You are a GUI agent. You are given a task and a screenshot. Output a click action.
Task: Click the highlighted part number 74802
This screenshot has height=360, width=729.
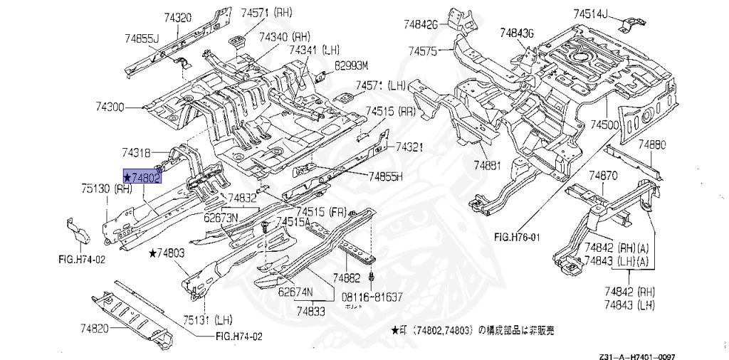pyautogui.click(x=142, y=176)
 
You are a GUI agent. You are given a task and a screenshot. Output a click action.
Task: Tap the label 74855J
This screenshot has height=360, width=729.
pyautogui.click(x=141, y=38)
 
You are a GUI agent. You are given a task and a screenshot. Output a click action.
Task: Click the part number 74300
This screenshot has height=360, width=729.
pyautogui.click(x=110, y=107)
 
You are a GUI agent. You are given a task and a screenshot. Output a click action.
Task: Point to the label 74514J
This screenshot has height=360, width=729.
pyautogui.click(x=591, y=14)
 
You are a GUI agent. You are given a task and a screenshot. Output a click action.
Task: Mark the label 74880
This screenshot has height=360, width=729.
pyautogui.click(x=651, y=145)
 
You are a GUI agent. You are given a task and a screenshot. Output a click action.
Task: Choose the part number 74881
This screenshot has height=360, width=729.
pyautogui.click(x=489, y=166)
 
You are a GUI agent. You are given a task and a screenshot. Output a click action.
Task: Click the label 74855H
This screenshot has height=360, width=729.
pyautogui.click(x=385, y=176)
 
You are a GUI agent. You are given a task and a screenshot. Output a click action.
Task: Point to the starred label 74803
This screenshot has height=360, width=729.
pyautogui.click(x=167, y=253)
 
